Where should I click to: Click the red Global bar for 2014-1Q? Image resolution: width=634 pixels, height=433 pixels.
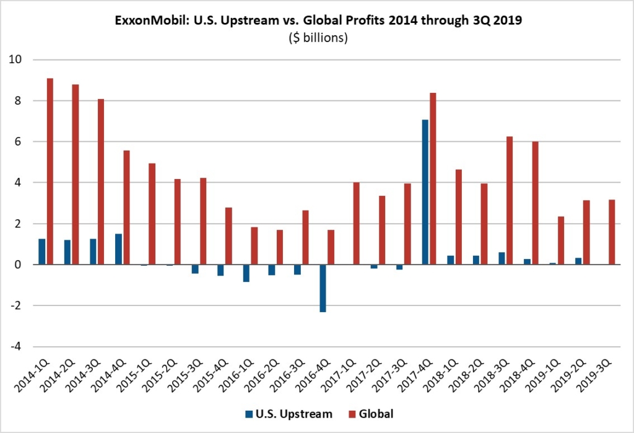50,172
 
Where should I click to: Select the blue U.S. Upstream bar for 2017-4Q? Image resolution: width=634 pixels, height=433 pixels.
425,192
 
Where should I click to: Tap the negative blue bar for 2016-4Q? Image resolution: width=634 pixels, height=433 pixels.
323,288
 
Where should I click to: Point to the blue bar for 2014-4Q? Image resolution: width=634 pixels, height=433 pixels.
118,249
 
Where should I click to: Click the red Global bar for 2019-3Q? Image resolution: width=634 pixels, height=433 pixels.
611,232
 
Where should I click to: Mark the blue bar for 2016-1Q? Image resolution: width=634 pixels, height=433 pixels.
246,273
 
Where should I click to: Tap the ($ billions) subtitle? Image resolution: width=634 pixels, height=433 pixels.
317,37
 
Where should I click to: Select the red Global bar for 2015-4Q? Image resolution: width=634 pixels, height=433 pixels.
229,236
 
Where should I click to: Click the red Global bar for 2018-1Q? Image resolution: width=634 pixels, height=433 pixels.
458,217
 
